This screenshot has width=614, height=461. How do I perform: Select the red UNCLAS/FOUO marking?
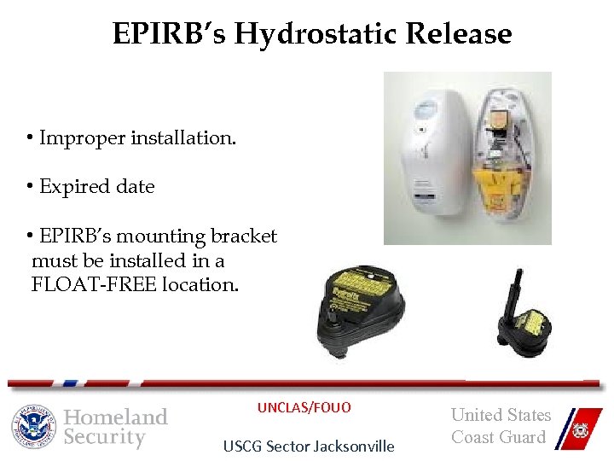pyautogui.click(x=304, y=407)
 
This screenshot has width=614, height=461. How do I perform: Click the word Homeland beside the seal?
pyautogui.click(x=116, y=417)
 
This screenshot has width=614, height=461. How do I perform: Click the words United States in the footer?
pyautogui.click(x=501, y=415)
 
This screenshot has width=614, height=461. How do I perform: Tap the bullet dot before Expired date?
pyautogui.click(x=29, y=187)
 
